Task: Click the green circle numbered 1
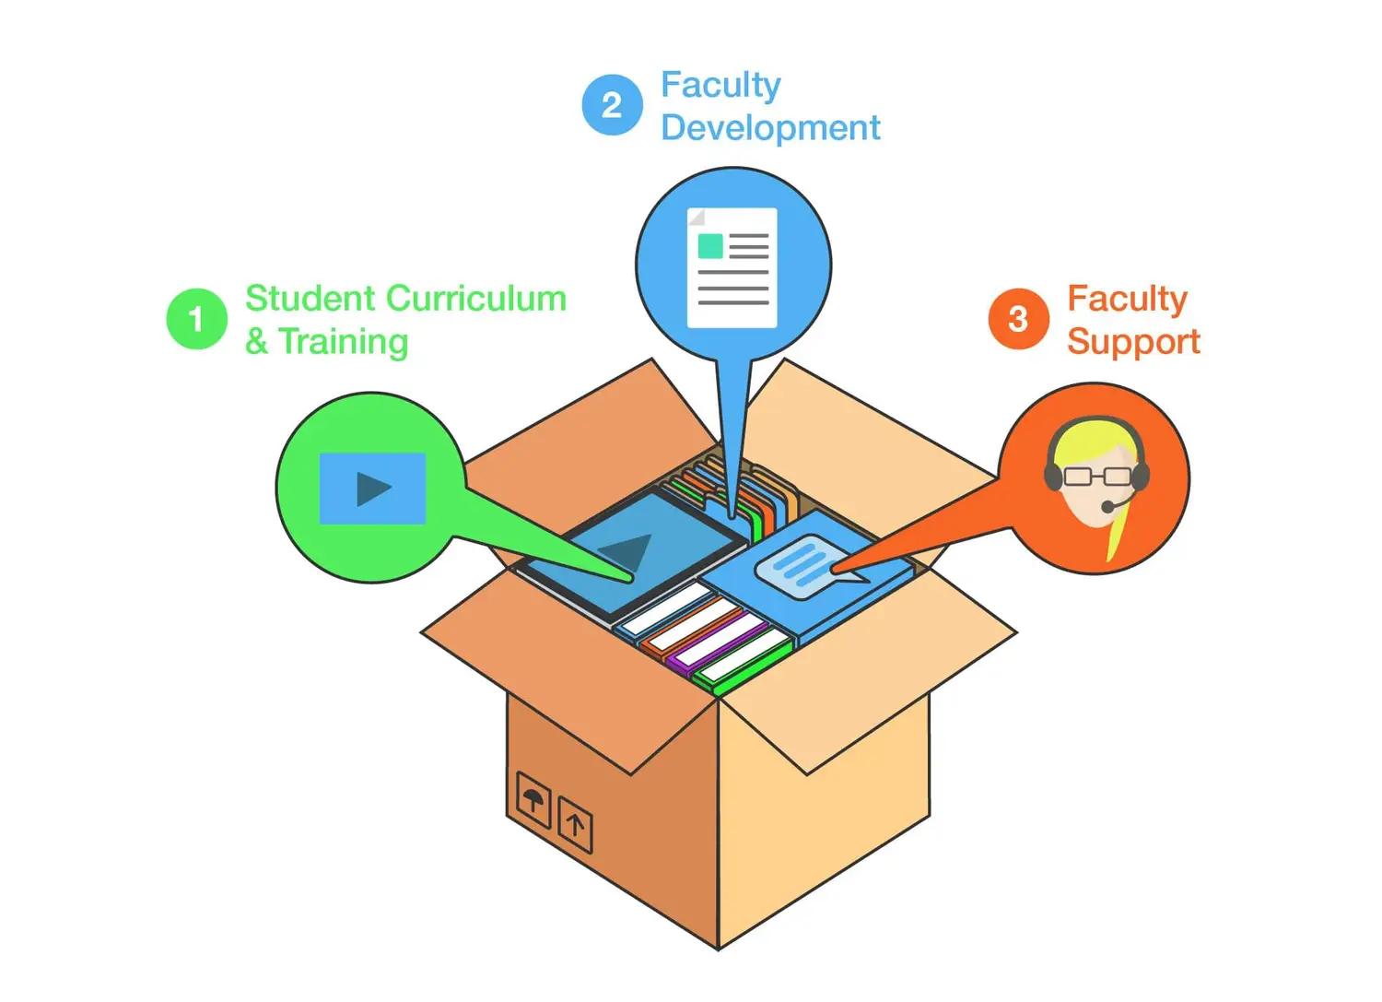[x=196, y=319]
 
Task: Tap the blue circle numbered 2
[x=612, y=105]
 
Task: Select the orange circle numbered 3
[x=1018, y=319]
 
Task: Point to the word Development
[x=770, y=128]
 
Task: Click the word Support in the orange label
[x=1133, y=342]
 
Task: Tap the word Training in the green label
[x=344, y=342]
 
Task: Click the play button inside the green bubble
[x=373, y=489]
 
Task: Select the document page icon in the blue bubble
[x=732, y=267]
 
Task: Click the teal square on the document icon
[x=710, y=246]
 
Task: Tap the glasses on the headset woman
[x=1096, y=477]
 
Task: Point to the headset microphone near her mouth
[x=1108, y=507]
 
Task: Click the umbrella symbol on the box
[x=533, y=798]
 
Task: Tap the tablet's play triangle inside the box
[x=627, y=550]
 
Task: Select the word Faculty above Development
[x=720, y=85]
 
